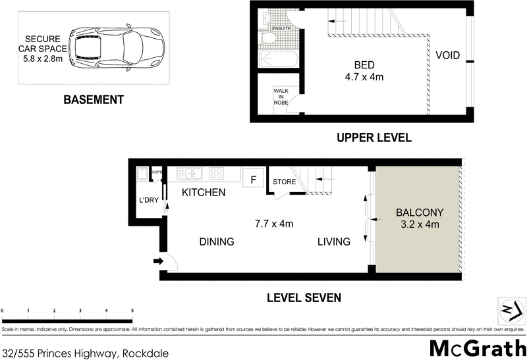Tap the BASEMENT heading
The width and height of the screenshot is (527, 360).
[93, 100]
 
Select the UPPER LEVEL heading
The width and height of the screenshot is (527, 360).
[374, 138]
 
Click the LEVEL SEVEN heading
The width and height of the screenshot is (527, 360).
[304, 297]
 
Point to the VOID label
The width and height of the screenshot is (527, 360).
[447, 55]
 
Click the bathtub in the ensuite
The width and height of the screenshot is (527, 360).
[279, 60]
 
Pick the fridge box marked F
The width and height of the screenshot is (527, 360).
[250, 178]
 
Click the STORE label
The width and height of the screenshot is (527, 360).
[285, 181]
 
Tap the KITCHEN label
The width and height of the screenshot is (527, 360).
[204, 193]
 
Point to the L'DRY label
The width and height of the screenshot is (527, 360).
[148, 200]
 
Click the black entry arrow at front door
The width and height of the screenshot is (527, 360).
[158, 261]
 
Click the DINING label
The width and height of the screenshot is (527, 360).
[217, 242]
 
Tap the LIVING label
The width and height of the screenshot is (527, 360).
[333, 242]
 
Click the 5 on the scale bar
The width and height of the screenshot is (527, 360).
[132, 310]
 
